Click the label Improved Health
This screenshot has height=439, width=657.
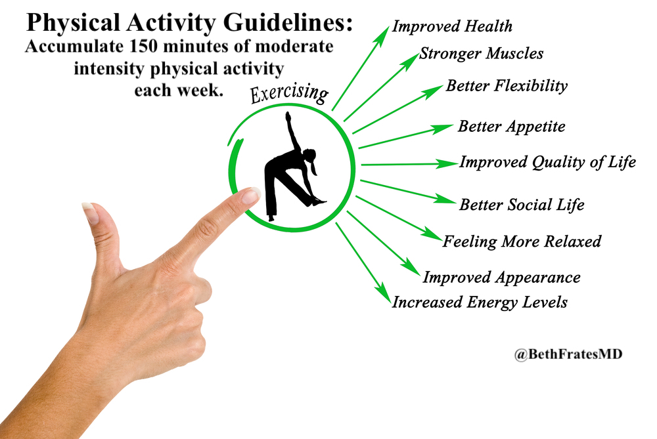[452, 27]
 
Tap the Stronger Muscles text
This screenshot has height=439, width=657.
[481, 54]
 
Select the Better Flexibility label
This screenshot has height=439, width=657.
[507, 86]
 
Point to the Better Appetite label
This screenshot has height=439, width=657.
[511, 127]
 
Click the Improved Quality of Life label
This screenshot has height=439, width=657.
[547, 162]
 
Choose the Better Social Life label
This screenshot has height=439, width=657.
[522, 205]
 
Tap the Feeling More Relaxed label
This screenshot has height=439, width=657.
[522, 241]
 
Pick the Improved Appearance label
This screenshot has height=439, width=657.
[501, 278]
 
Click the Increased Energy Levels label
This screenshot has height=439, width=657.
[480, 303]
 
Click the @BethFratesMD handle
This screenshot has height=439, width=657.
[568, 354]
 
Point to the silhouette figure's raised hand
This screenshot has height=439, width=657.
[287, 115]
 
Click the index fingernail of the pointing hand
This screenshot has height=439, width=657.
[250, 195]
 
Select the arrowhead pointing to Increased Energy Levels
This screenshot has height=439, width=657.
[382, 293]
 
